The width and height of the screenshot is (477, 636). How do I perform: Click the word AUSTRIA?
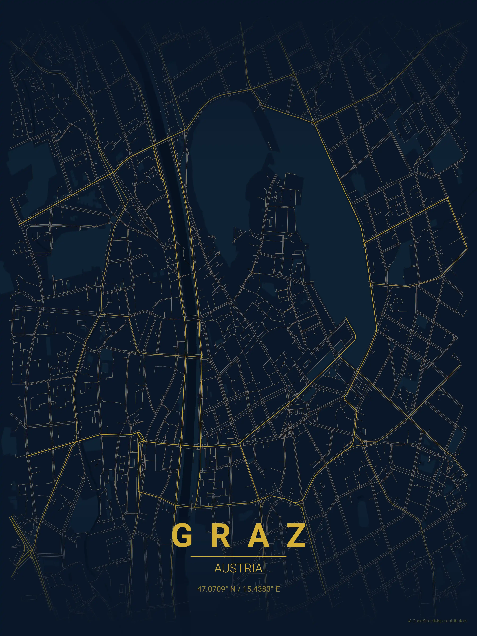(238, 568)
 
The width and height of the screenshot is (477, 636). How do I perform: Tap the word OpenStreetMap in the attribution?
(428, 629)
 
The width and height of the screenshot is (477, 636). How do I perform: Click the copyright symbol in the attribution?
(409, 629)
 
